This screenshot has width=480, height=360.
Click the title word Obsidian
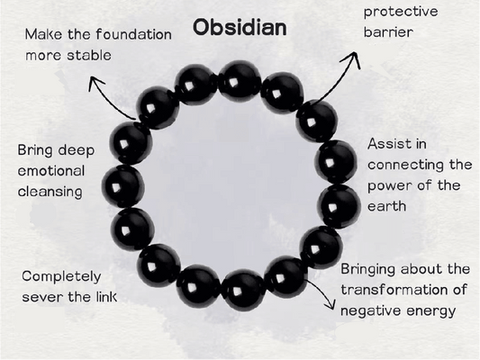240,27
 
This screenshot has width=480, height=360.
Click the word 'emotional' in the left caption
50,170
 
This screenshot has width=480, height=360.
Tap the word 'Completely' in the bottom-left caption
62,274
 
